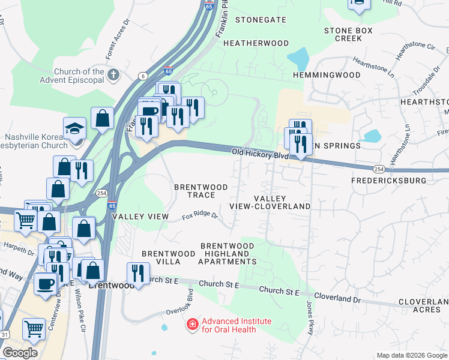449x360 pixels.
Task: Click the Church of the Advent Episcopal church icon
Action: pyautogui.click(x=113, y=75)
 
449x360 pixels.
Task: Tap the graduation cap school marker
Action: pyautogui.click(x=75, y=128)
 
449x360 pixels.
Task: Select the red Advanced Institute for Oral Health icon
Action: pyautogui.click(x=193, y=325)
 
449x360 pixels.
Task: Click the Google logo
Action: pyautogui.click(x=20, y=353)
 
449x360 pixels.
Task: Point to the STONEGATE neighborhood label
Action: pyautogui.click(x=261, y=20)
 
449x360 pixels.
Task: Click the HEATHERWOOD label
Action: pyautogui.click(x=256, y=43)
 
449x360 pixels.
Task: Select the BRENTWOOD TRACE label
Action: pyautogui.click(x=201, y=191)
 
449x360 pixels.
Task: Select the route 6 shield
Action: pyautogui.click(x=143, y=75)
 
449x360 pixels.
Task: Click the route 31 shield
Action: pyautogui.click(x=5, y=334)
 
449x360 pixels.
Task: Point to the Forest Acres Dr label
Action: pyautogui.click(x=118, y=43)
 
